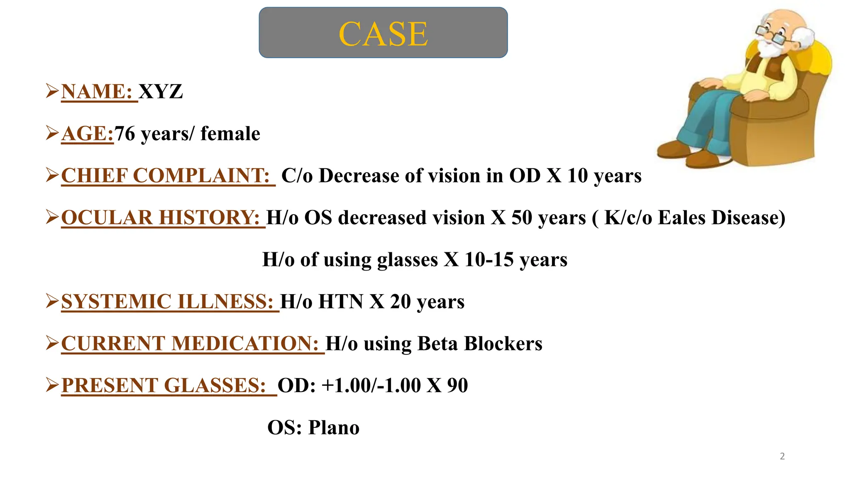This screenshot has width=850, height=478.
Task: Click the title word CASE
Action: pos(383,34)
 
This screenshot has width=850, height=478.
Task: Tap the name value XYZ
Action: pos(161,92)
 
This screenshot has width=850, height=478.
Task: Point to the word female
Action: pos(230,134)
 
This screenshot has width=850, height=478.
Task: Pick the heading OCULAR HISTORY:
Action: pos(161,218)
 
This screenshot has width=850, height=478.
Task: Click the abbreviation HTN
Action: pos(341,302)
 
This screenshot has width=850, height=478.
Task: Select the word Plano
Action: pos(334,427)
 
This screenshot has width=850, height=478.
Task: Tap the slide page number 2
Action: pos(782,456)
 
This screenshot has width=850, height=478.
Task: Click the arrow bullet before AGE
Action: pos(52,133)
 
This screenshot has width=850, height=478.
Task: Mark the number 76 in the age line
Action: pos(125,134)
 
